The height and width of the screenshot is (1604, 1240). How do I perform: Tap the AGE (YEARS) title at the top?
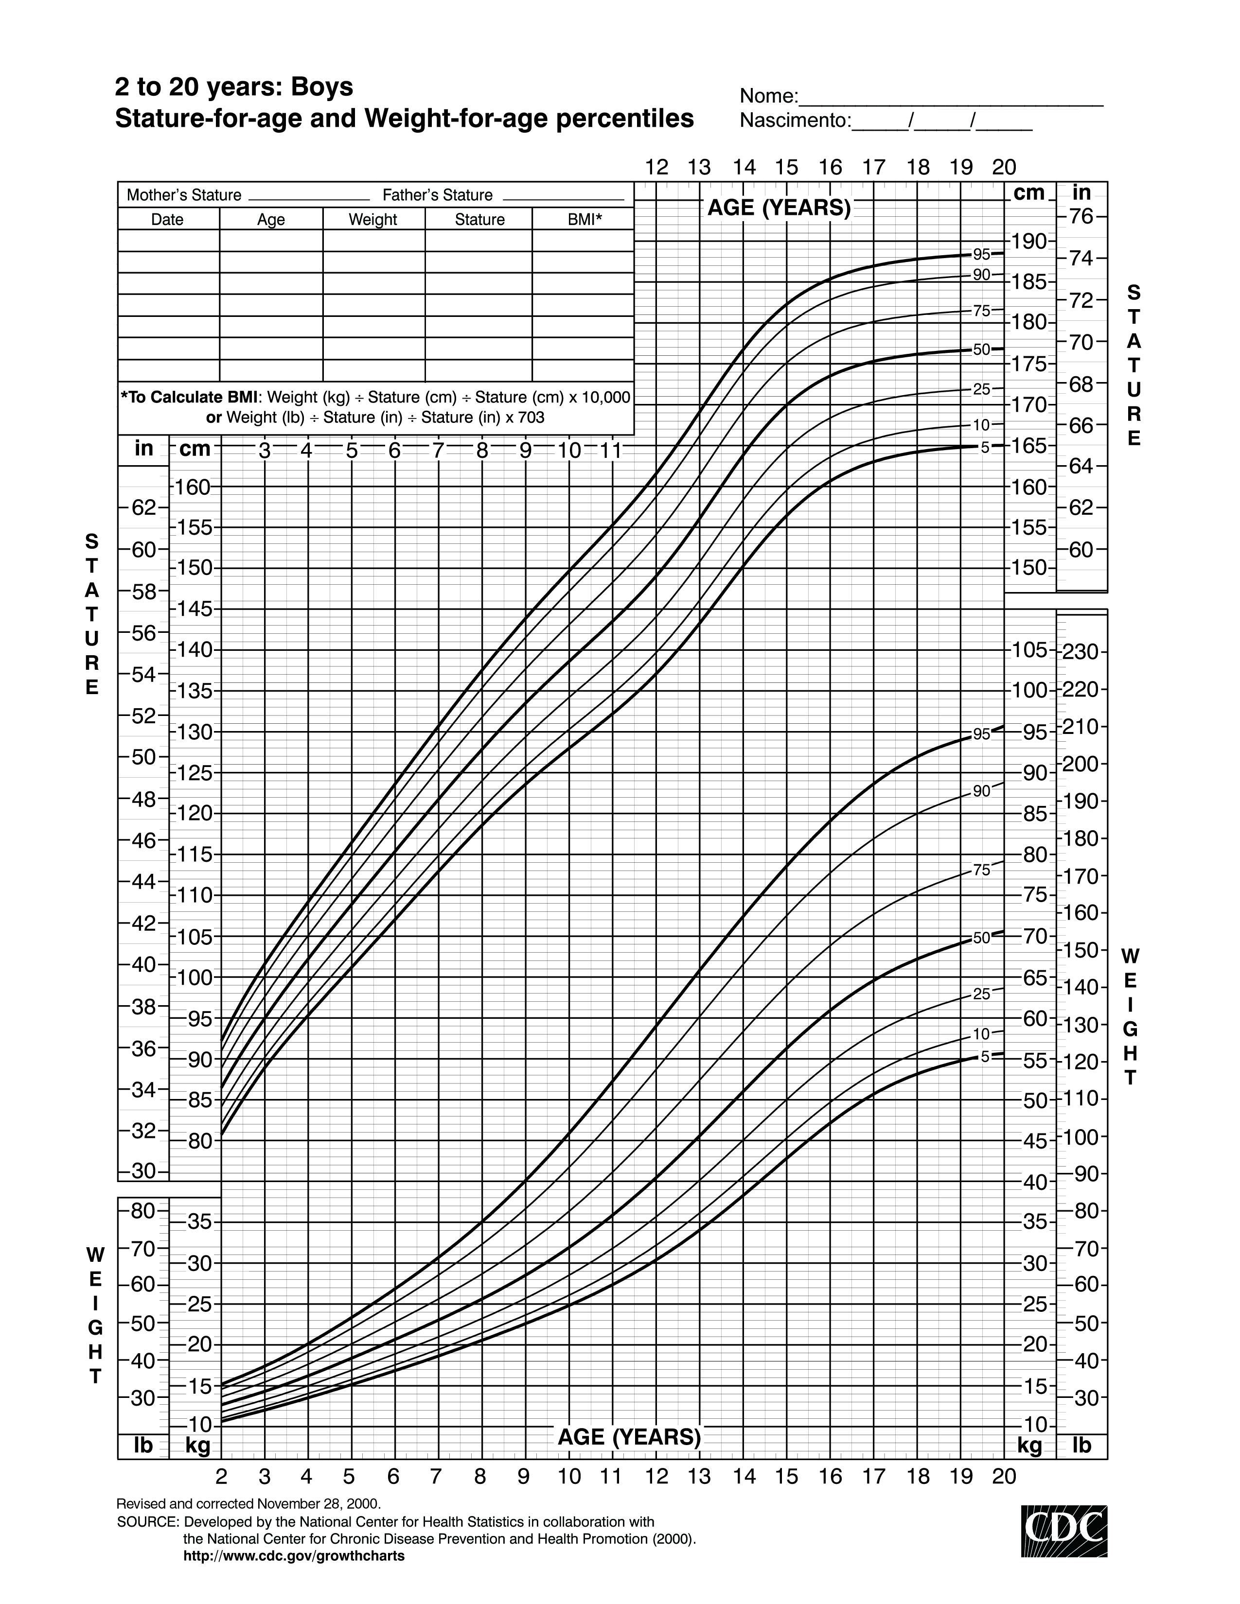[779, 209]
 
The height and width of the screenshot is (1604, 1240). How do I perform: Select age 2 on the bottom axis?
[221, 1476]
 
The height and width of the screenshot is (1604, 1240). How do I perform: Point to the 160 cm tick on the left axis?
[194, 486]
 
